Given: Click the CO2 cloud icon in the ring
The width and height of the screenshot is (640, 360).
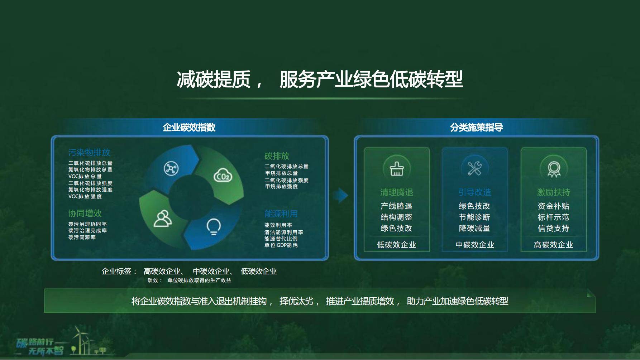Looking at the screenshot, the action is [x=223, y=175].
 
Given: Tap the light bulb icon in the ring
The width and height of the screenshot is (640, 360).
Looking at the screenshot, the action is [x=214, y=226].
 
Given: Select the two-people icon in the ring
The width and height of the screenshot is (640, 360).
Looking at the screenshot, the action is [x=163, y=218].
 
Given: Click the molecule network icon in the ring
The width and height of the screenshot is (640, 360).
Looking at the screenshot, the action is [x=171, y=168].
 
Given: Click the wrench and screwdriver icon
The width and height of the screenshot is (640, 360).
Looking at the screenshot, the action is [x=474, y=168].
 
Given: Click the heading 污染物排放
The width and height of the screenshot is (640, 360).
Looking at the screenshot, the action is [x=89, y=152].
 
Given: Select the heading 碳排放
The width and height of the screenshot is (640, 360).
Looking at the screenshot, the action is [x=277, y=156].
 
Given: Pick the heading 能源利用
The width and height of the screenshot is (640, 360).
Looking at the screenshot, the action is [x=281, y=214].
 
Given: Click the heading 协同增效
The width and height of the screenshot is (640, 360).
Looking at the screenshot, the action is [x=85, y=213].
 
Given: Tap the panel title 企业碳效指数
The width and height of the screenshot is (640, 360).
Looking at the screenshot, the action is [x=189, y=127].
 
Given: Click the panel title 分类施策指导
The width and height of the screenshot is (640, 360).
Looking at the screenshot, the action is [x=477, y=127].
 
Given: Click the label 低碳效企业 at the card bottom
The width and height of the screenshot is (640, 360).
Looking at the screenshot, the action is [x=396, y=245].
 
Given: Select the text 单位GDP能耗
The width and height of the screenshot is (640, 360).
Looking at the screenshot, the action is [x=281, y=245].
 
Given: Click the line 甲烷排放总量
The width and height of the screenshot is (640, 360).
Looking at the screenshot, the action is [x=281, y=173].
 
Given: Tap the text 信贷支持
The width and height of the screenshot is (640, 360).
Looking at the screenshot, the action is [x=553, y=228].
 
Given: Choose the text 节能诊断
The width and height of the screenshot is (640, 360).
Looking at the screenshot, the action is [x=474, y=217].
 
